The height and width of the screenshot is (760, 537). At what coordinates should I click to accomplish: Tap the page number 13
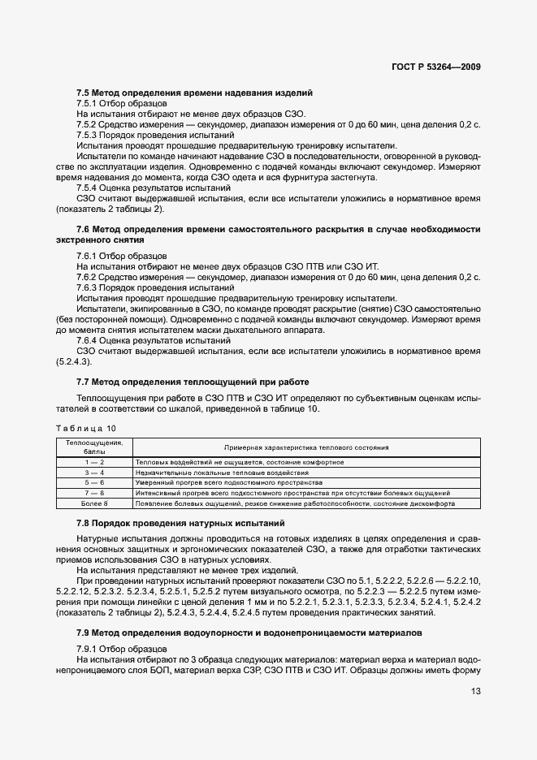474,692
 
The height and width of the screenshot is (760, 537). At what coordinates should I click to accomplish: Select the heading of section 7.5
194,93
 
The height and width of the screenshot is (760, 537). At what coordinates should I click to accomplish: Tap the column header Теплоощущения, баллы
94,447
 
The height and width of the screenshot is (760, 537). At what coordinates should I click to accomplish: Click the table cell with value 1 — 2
94,462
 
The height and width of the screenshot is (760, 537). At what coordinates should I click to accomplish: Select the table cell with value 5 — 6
94,482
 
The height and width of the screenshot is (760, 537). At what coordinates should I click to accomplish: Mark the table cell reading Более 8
94,503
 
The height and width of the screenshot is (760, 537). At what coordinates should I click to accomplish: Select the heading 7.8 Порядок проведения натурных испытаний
180,524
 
